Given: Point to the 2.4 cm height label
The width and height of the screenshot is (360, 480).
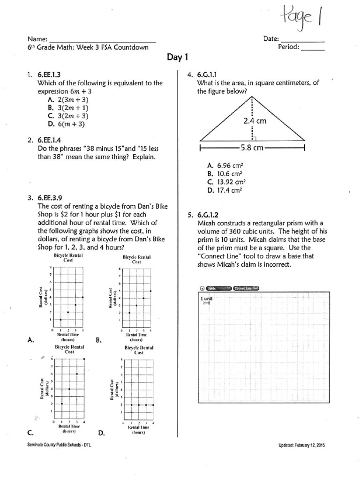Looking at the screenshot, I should (255, 120).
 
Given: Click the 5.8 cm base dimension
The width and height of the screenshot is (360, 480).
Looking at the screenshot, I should (253, 148).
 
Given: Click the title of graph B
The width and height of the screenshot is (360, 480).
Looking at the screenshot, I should (136, 260).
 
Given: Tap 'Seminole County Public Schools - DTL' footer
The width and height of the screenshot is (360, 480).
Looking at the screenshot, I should (59, 445).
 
